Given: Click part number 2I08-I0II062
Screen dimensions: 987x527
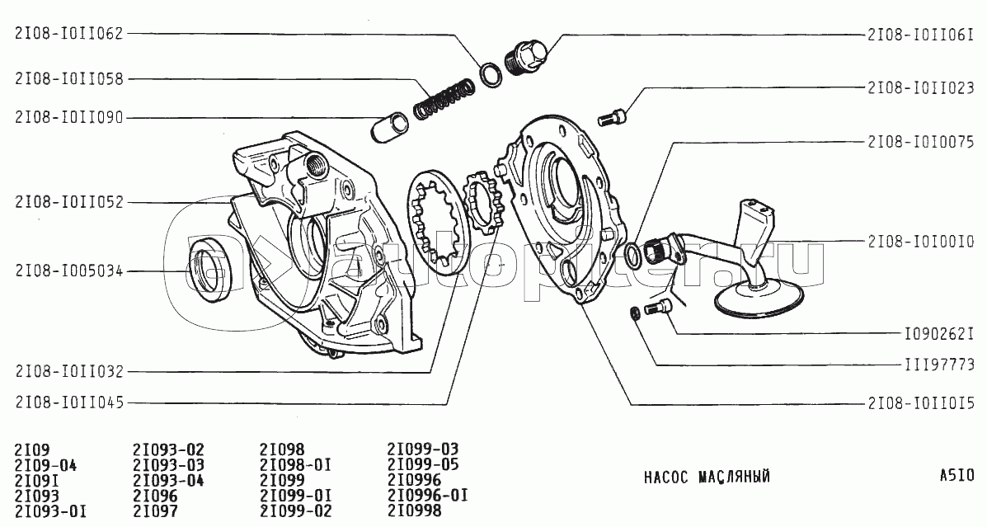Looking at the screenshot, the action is (69, 33).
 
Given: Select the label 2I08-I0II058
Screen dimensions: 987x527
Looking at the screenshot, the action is (69, 78).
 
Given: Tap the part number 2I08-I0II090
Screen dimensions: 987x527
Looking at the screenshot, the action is (69, 118).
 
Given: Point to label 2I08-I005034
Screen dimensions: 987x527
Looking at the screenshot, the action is (69, 271).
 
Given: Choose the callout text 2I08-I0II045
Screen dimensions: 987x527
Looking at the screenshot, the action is (69, 402).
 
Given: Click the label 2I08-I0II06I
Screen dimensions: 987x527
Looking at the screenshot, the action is (921, 35).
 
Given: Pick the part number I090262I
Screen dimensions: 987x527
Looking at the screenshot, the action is (938, 334).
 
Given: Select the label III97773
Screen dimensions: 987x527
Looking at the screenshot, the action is (939, 365).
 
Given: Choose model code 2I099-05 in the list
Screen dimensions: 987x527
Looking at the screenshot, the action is (423, 464).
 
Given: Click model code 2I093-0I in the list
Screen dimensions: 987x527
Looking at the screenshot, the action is (51, 511).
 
